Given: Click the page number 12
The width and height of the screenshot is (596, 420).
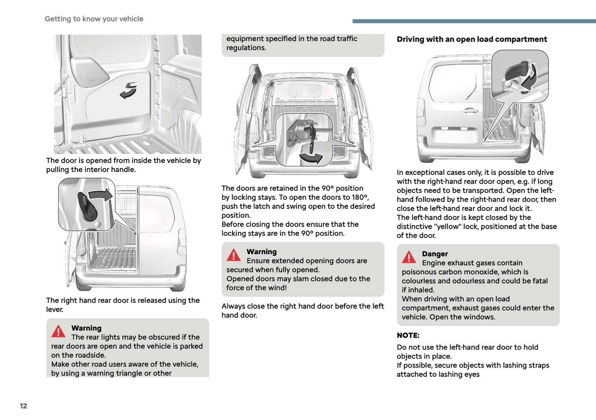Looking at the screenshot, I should (24, 406).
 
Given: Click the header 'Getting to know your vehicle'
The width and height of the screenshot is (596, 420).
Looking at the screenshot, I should (94, 19).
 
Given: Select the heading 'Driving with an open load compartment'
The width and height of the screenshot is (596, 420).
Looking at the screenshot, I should (471, 39).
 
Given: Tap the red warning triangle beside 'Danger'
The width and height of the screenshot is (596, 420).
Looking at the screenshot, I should (409, 257).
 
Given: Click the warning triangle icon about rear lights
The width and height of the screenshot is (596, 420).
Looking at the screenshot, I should (58, 331).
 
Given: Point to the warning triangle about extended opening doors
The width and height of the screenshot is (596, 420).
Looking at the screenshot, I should (233, 255).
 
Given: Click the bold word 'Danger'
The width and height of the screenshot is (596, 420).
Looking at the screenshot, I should (435, 254).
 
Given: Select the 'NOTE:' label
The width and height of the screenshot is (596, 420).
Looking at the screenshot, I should (408, 335).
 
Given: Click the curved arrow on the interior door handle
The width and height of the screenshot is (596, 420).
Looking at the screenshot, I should (129, 91).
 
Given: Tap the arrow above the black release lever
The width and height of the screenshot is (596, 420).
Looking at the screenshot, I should (101, 194).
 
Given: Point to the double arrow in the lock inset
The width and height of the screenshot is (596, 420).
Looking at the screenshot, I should (529, 77).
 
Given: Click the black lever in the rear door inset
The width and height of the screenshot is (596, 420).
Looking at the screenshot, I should (87, 206).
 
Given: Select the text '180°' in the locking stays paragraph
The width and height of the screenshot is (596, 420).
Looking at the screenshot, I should (360, 197).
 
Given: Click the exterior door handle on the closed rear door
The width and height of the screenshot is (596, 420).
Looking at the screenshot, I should (469, 110).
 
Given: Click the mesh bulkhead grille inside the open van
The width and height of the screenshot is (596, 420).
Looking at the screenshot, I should (304, 90).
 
